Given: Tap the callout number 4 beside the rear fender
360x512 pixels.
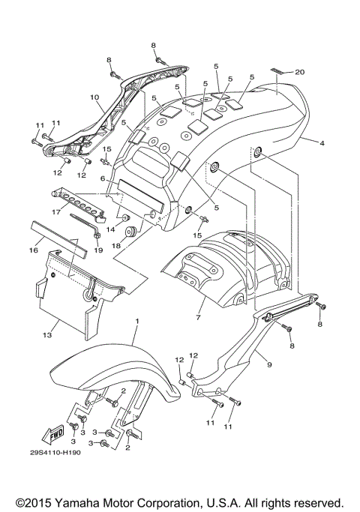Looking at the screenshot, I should tap(321, 142).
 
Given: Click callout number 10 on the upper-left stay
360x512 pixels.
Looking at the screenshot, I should tap(94, 97).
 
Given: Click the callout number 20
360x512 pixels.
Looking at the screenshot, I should tap(300, 72).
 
